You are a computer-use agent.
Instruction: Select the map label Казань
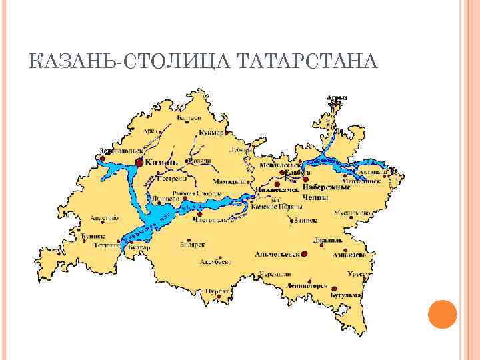click(161, 162)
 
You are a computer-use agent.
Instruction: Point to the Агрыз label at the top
click(337, 97)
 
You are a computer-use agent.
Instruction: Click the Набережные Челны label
click(327, 192)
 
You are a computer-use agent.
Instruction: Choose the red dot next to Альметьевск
click(304, 254)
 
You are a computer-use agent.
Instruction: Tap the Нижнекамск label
click(277, 189)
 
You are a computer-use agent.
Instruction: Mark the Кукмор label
click(211, 133)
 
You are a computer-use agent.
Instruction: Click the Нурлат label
click(217, 291)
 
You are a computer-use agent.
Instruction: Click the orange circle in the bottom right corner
click(442, 314)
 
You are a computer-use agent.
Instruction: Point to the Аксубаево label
click(217, 262)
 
